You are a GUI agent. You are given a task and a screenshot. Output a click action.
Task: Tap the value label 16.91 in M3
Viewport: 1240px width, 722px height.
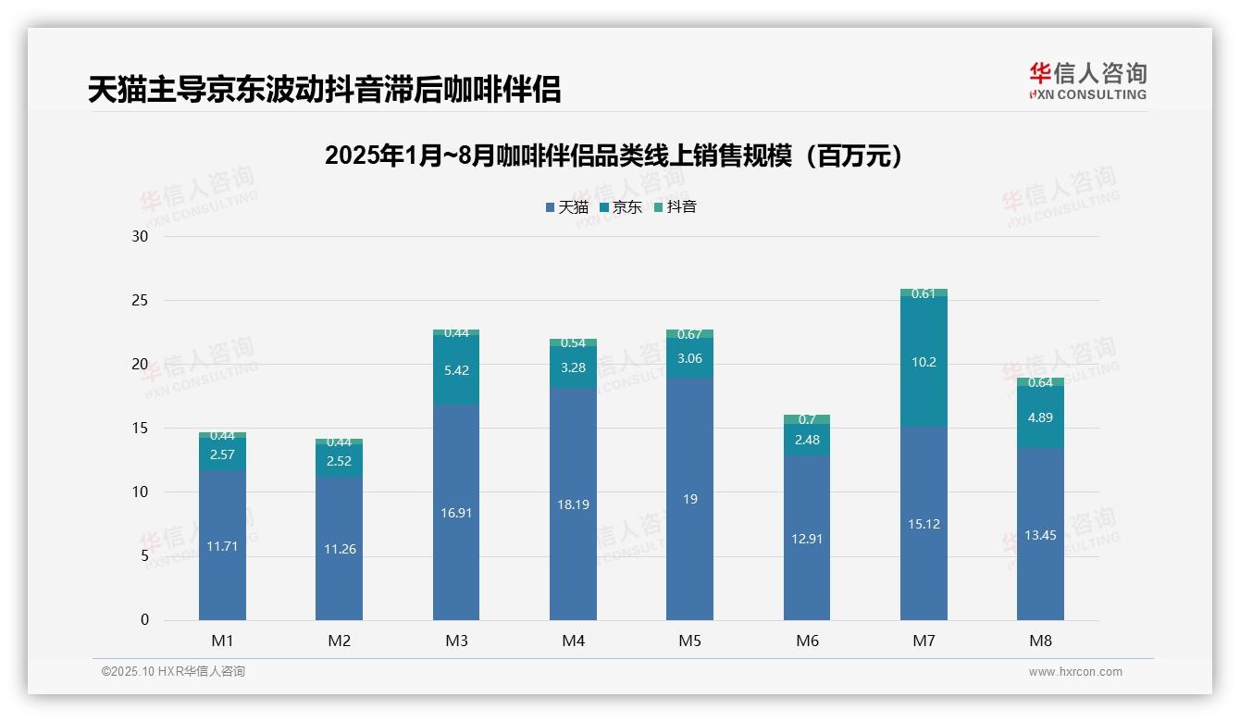point(456,512)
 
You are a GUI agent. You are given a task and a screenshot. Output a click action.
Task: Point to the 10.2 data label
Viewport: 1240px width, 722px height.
point(924,362)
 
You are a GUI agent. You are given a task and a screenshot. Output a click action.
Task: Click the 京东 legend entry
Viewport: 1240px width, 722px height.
point(621,207)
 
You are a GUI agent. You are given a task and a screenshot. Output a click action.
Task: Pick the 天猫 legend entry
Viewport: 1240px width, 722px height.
point(567,207)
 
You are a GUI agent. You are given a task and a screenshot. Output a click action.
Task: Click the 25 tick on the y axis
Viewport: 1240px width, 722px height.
point(140,301)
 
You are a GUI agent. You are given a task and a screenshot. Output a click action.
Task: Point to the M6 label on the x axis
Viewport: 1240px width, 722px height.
point(807,641)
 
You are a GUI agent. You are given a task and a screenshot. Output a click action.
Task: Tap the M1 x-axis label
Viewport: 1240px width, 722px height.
point(222,641)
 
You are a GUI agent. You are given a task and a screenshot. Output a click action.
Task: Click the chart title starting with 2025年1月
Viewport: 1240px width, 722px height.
point(613,156)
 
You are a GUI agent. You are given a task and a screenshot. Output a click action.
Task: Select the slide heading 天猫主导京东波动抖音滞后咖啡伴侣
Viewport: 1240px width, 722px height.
point(324,90)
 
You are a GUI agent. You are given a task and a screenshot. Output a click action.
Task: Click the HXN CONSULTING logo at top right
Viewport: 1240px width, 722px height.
point(1087,81)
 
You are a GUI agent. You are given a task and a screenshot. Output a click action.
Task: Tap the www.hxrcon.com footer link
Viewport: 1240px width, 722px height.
point(1075,672)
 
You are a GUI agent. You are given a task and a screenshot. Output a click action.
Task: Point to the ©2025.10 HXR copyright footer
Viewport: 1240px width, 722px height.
point(173,672)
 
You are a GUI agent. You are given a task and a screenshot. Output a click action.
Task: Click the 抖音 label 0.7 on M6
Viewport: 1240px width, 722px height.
point(807,419)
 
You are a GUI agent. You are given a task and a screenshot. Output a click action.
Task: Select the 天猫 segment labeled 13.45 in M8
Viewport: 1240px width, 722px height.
point(1040,534)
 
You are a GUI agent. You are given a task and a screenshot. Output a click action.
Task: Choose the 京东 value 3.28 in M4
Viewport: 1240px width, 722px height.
point(573,367)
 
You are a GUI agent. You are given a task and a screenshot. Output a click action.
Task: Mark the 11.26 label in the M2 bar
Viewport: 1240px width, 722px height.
point(339,549)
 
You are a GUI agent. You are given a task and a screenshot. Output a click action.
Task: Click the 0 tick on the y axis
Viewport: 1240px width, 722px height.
point(144,620)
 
